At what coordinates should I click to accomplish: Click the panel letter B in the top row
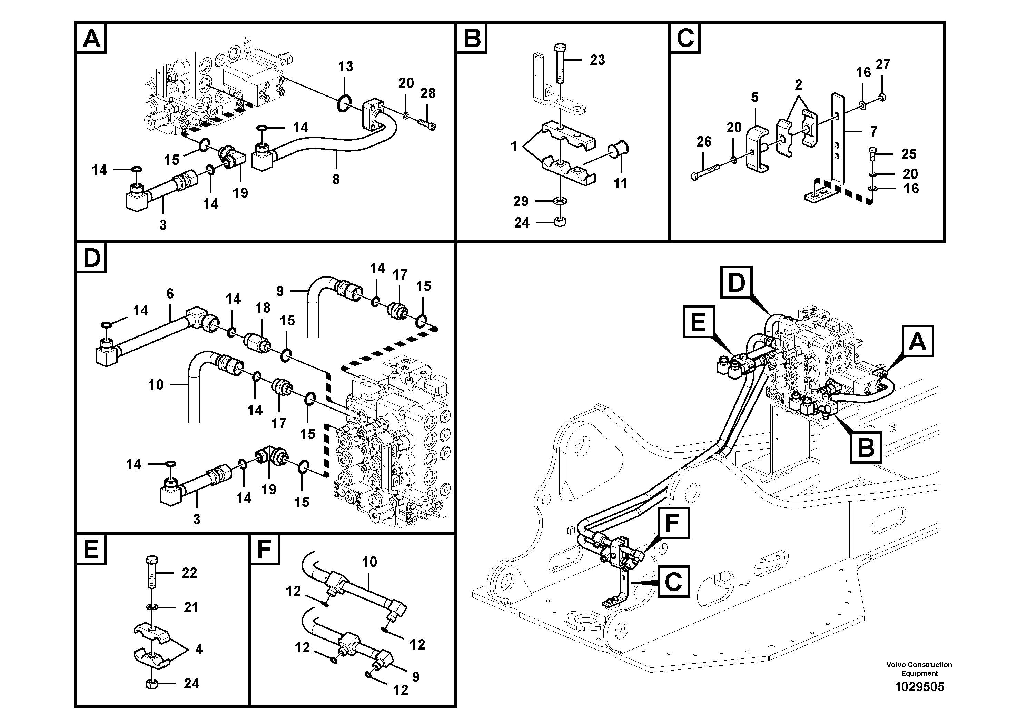(x=472, y=39)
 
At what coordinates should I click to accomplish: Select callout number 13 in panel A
(x=345, y=67)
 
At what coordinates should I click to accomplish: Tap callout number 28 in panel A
(x=428, y=93)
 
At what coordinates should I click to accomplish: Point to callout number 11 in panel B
(x=620, y=183)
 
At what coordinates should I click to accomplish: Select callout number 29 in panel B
(x=521, y=202)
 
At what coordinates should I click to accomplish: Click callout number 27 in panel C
(x=882, y=65)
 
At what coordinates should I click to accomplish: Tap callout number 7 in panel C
(x=873, y=132)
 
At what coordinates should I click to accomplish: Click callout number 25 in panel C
(x=909, y=154)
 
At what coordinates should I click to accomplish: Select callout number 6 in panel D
(x=170, y=294)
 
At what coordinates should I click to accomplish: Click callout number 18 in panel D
(x=263, y=308)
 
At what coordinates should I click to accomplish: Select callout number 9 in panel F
(x=416, y=677)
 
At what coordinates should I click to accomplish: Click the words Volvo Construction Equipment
(x=919, y=669)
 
